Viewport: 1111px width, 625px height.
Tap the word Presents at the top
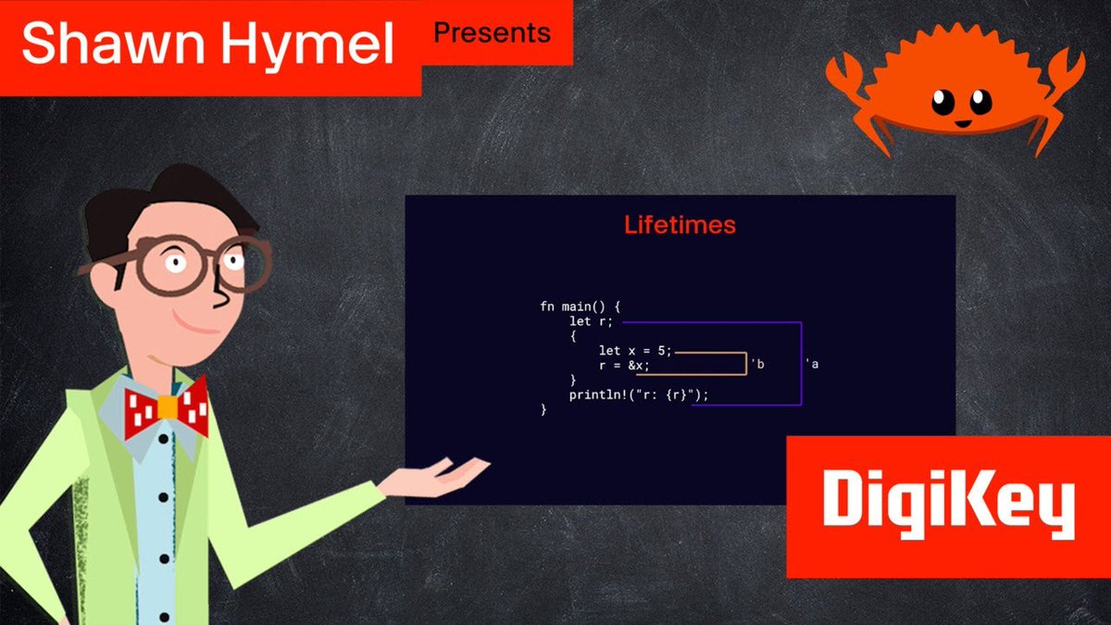(x=492, y=33)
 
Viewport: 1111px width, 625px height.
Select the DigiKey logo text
(x=948, y=505)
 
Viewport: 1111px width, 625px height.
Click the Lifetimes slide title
(x=680, y=225)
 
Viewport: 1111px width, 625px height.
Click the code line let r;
(x=592, y=322)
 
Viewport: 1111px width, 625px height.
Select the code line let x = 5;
(x=635, y=351)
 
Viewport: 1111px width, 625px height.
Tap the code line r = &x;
(x=624, y=366)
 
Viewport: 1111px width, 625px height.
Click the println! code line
(x=640, y=395)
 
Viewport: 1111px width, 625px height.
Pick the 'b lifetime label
(x=758, y=365)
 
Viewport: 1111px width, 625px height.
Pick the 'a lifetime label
(x=813, y=365)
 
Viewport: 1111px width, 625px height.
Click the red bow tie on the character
(x=167, y=408)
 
